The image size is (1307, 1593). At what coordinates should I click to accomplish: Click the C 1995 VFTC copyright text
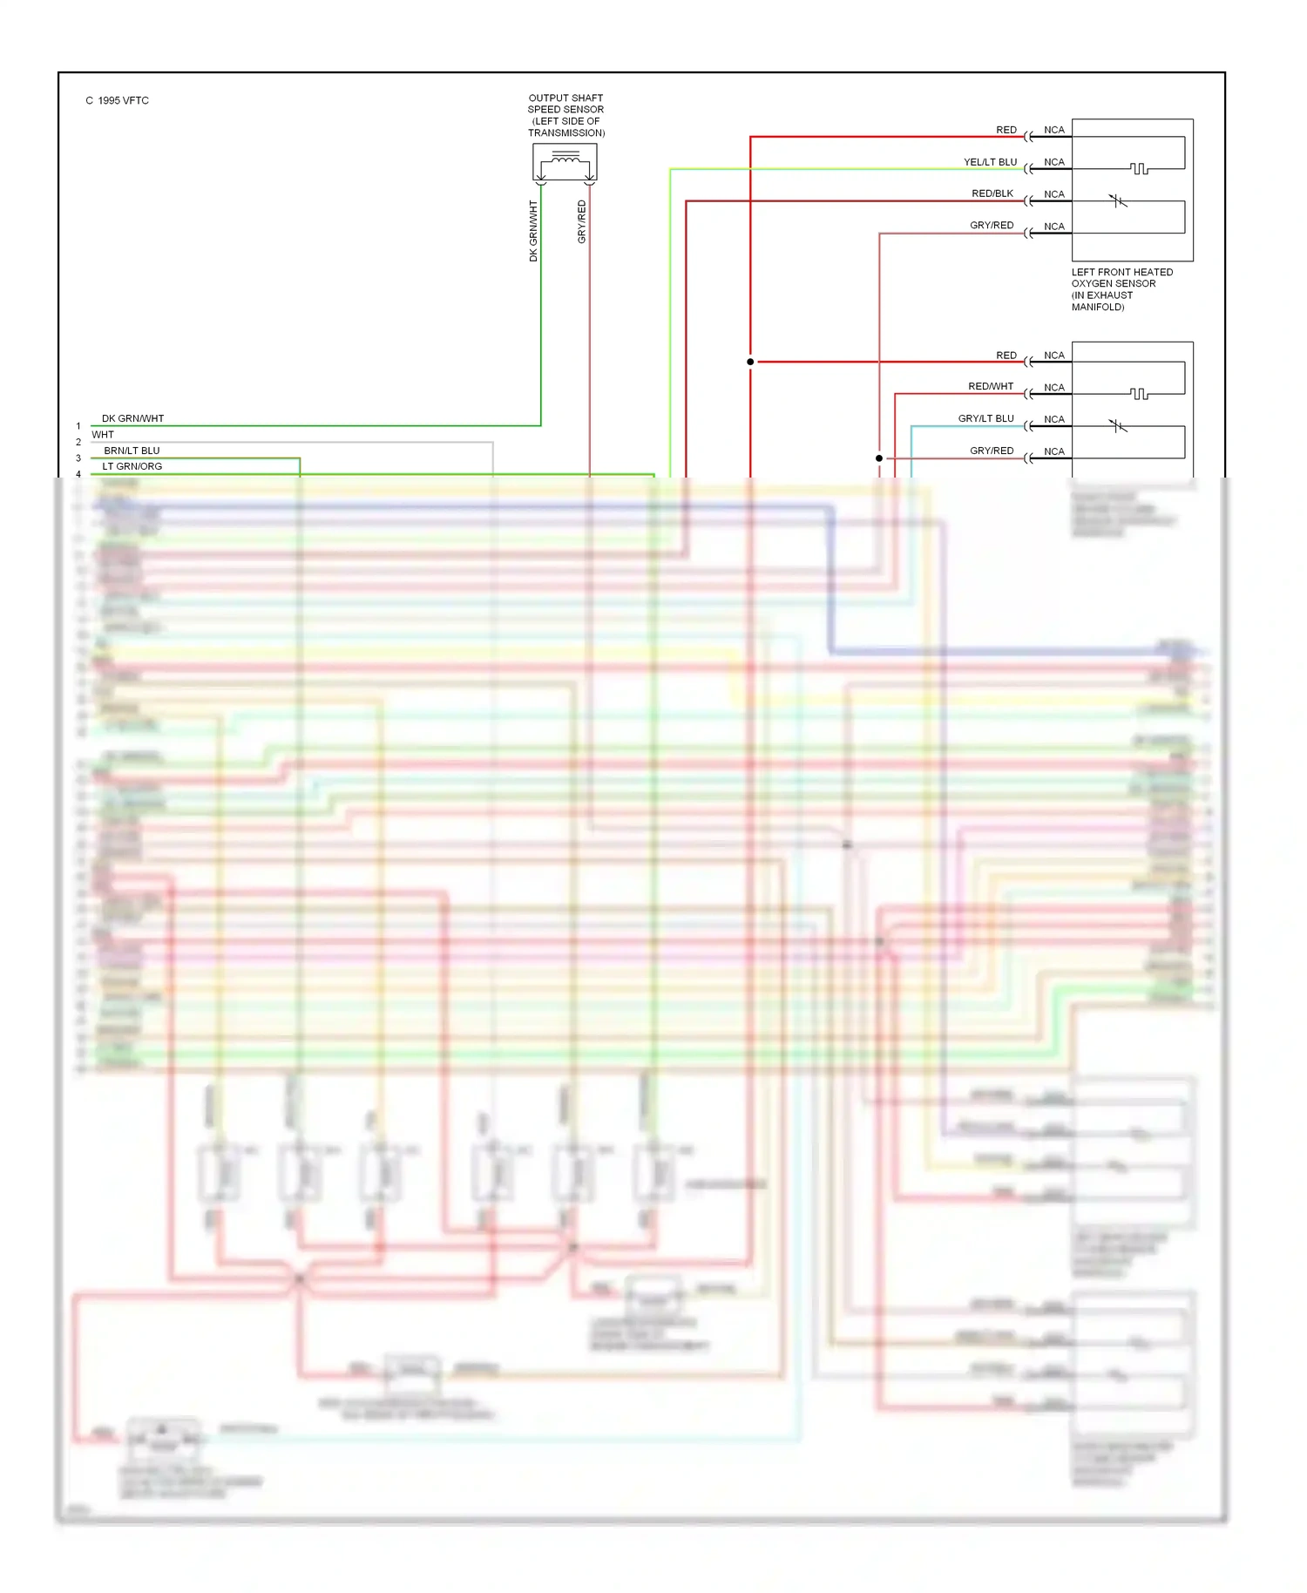pyautogui.click(x=117, y=100)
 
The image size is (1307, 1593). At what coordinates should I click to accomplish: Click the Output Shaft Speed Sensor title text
pyautogui.click(x=565, y=115)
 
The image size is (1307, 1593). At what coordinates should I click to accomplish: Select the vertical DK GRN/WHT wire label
pyautogui.click(x=533, y=231)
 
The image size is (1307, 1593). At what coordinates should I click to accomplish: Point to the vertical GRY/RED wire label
pyautogui.click(x=582, y=222)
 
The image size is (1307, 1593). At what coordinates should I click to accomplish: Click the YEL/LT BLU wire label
pyautogui.click(x=990, y=162)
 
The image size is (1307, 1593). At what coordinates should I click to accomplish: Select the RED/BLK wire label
pyautogui.click(x=992, y=193)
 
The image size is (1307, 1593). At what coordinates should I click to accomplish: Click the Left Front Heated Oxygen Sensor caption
pyautogui.click(x=1121, y=288)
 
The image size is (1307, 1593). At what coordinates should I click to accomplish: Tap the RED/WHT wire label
pyautogui.click(x=991, y=386)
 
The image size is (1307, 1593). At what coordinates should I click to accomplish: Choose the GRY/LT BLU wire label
pyautogui.click(x=985, y=418)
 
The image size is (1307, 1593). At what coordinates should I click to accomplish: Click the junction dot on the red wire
pyautogui.click(x=750, y=362)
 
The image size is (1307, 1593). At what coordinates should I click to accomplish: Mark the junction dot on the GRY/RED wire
pyautogui.click(x=879, y=458)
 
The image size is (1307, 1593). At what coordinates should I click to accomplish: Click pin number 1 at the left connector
pyautogui.click(x=78, y=426)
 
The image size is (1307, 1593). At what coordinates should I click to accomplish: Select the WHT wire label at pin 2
pyautogui.click(x=103, y=434)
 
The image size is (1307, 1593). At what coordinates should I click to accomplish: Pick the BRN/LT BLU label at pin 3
pyautogui.click(x=132, y=451)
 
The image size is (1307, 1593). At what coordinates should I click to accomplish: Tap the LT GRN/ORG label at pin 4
pyautogui.click(x=132, y=466)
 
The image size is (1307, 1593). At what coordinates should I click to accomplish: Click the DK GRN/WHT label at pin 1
pyautogui.click(x=132, y=418)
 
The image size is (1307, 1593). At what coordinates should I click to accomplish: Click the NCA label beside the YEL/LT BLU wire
pyautogui.click(x=1054, y=162)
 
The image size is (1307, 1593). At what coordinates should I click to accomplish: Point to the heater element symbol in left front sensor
pyautogui.click(x=1139, y=168)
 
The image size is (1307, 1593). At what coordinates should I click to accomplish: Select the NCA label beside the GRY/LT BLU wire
pyautogui.click(x=1054, y=419)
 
